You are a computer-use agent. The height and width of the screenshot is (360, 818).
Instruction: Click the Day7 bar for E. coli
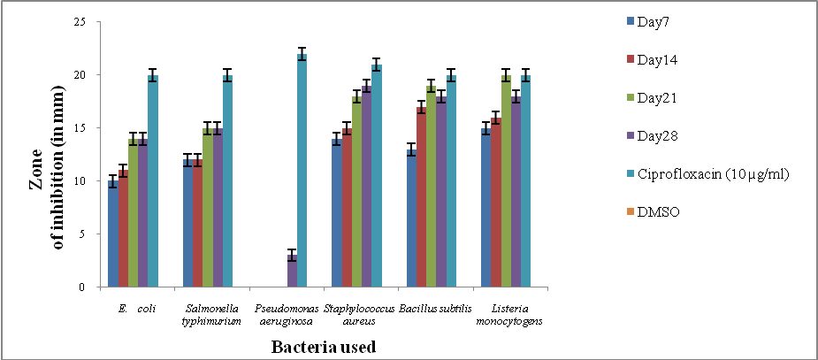112,234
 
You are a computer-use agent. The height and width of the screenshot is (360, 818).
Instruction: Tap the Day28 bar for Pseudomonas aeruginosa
292,272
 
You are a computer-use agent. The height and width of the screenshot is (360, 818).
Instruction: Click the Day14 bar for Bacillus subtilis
421,197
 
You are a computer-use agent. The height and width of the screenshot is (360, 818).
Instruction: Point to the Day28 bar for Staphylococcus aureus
366,187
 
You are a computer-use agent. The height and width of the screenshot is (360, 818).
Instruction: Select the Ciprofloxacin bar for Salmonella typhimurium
227,181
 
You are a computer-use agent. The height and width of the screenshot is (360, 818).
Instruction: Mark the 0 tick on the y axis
81,287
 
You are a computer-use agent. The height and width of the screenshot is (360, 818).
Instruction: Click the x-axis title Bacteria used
325,347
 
